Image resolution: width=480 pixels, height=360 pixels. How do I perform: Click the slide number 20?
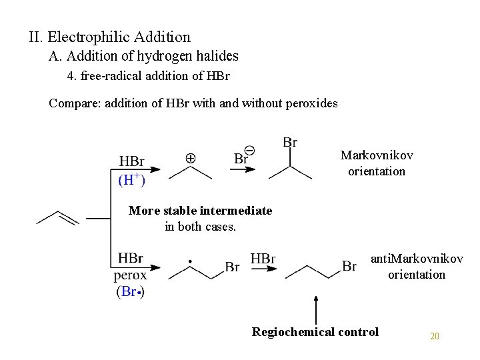pyautogui.click(x=435, y=336)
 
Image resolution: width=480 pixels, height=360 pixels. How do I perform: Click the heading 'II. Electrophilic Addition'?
pyautogui.click(x=109, y=37)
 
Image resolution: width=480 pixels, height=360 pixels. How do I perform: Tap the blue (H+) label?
pyautogui.click(x=132, y=179)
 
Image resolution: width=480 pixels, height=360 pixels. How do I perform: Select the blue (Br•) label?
pyautogui.click(x=130, y=291)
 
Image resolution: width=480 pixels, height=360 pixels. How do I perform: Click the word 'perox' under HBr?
pyautogui.click(x=131, y=274)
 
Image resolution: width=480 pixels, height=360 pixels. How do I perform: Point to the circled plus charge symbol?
pyautogui.click(x=190, y=159)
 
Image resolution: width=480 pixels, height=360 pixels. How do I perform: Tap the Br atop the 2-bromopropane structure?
pyautogui.click(x=290, y=142)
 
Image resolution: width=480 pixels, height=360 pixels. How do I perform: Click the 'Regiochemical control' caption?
pyautogui.click(x=315, y=331)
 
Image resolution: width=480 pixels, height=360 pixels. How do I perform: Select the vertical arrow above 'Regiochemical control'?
pyautogui.click(x=315, y=306)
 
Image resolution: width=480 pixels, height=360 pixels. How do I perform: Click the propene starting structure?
pyautogui.click(x=58, y=217)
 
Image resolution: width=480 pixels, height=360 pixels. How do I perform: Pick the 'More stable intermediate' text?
pyautogui.click(x=200, y=211)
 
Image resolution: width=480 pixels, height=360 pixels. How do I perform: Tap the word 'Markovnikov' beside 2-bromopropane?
pyautogui.click(x=377, y=155)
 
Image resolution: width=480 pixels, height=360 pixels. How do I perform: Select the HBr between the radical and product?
pyautogui.click(x=263, y=259)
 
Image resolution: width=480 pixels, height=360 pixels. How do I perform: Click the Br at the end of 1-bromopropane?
pyautogui.click(x=349, y=266)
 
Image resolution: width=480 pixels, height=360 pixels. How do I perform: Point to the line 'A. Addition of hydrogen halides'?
pyautogui.click(x=143, y=57)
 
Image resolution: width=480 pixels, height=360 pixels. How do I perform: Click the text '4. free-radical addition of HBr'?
pyautogui.click(x=149, y=76)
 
